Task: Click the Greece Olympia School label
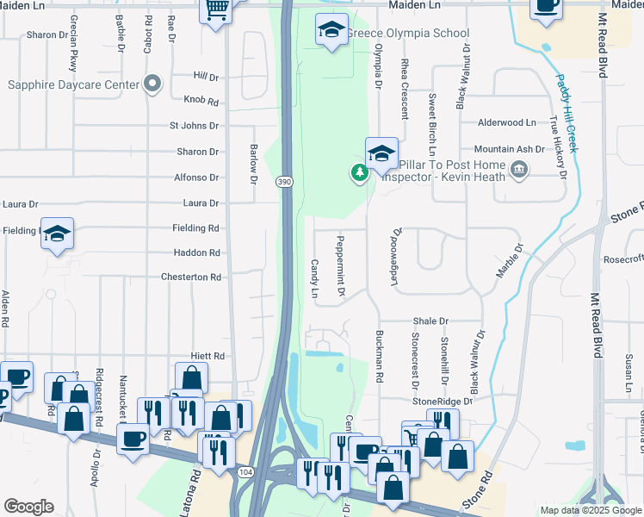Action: (x=407, y=34)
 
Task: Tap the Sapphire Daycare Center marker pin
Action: (x=153, y=84)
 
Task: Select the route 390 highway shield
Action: (x=285, y=181)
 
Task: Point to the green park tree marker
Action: (x=359, y=173)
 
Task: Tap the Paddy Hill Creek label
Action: (x=565, y=112)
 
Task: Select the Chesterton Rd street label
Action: (x=191, y=277)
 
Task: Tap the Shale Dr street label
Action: (x=430, y=321)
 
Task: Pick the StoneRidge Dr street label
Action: (x=443, y=402)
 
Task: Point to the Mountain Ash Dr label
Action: (x=510, y=149)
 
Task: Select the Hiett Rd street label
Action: (x=207, y=356)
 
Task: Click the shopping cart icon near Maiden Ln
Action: (x=215, y=10)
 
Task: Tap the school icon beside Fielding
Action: (x=58, y=234)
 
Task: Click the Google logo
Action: (x=28, y=507)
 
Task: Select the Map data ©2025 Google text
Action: (x=590, y=510)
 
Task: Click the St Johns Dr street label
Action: (x=194, y=126)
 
